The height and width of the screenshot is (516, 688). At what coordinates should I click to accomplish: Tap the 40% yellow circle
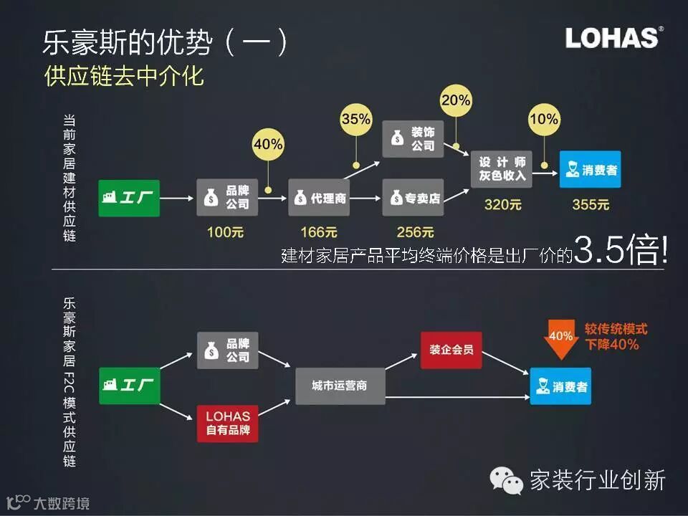tap(268, 145)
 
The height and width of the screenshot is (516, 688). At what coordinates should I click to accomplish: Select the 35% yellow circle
tap(356, 118)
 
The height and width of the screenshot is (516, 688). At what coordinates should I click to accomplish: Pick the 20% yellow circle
tap(456, 100)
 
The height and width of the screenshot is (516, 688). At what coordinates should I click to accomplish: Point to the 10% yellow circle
tap(544, 119)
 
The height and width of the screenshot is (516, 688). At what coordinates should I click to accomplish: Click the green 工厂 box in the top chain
tap(129, 197)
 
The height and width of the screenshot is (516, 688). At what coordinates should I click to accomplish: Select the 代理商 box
tap(319, 197)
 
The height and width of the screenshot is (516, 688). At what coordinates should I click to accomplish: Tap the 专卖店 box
tap(413, 197)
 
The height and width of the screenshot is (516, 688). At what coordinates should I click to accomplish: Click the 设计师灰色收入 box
tap(502, 168)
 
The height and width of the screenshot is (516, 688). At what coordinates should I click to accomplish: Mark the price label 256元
tap(415, 232)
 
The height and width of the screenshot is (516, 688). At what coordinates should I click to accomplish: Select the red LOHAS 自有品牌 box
tap(227, 424)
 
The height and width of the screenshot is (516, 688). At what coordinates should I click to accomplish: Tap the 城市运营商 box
tap(340, 386)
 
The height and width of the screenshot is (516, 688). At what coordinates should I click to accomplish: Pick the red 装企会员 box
tap(451, 350)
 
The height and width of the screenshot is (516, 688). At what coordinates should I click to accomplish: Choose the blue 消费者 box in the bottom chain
tap(560, 386)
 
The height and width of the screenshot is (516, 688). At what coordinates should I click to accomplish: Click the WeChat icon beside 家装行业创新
tap(506, 481)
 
